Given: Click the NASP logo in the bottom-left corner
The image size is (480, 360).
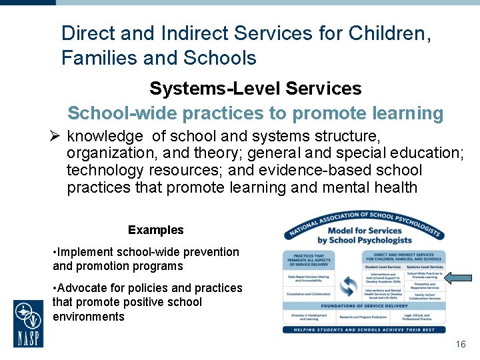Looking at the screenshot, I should pos(29,323).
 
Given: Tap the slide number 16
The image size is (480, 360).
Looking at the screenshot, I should pos(460,344).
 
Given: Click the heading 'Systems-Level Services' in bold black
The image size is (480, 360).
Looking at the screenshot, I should pos(255,88).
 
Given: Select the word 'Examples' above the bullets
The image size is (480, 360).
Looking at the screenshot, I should pos(155,230).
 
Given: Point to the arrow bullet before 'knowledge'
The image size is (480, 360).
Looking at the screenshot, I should pos(55,137).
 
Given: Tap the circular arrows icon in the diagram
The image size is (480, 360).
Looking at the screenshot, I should pos(348,287).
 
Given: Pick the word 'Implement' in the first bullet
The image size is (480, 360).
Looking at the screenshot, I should pos(84,252).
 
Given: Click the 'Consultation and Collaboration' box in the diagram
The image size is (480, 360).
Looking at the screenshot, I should pos(309,294).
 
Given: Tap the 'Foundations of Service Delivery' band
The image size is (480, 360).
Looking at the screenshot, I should pos(363,306).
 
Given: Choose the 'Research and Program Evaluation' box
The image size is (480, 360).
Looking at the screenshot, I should pos(363,317).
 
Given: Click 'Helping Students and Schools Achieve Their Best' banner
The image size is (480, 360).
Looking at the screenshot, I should pos(363,329).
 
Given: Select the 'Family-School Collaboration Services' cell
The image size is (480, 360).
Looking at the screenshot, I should pos(425,296).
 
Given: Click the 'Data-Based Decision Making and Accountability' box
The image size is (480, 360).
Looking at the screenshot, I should pos(309,279).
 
